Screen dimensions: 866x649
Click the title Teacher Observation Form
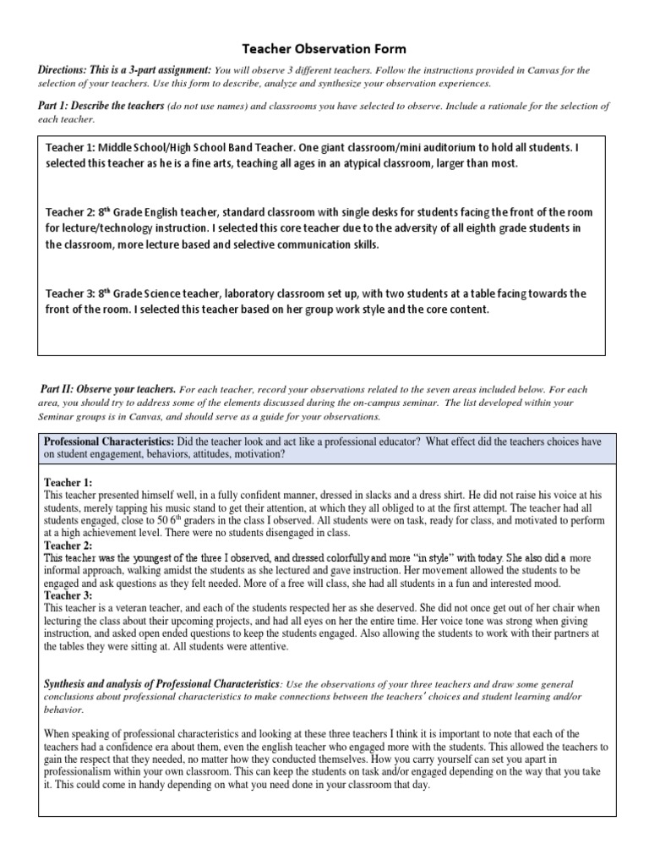324,50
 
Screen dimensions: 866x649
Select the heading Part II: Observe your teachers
108,389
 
